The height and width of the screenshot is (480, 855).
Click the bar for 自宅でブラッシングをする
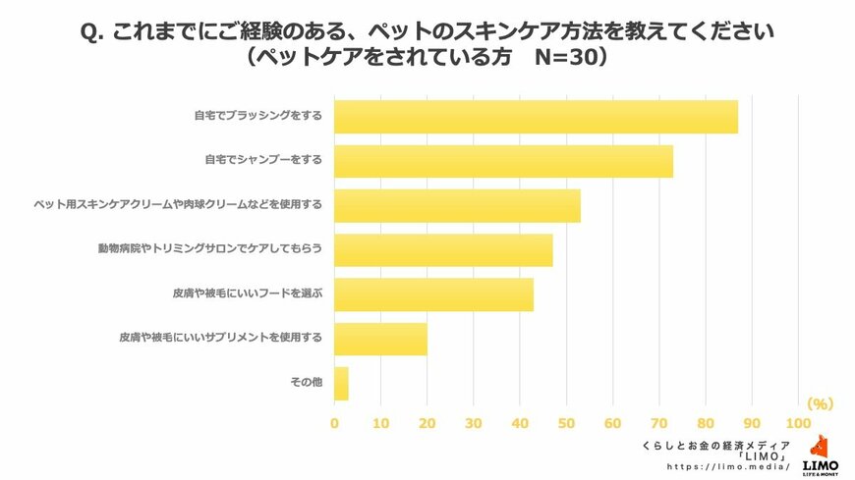[536, 117]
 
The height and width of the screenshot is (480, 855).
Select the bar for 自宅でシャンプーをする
[503, 160]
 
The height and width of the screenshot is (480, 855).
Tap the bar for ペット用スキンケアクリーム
[457, 205]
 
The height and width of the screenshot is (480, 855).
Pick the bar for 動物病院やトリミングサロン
[443, 250]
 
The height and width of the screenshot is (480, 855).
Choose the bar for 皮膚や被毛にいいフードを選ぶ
[433, 293]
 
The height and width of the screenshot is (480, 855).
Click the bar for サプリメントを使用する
[380, 339]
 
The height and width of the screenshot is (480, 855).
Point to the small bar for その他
[341, 383]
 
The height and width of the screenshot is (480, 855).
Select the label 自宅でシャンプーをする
[263, 159]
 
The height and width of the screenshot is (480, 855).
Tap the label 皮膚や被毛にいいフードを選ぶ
[248, 293]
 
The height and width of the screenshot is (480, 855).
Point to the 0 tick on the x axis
[334, 423]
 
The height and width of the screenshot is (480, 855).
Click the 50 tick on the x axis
[566, 423]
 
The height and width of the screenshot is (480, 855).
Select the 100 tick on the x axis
[798, 423]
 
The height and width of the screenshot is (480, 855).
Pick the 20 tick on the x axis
[427, 423]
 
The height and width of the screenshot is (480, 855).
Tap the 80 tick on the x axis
[705, 423]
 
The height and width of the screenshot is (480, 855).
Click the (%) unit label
[820, 403]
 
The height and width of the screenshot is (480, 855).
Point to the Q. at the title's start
[92, 30]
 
